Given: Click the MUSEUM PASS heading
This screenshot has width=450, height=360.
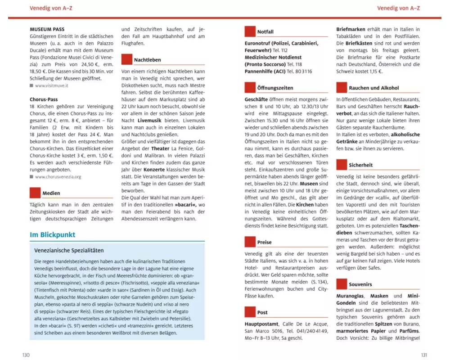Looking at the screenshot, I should [47, 30].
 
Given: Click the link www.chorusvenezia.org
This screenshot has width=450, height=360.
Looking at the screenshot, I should [58, 177].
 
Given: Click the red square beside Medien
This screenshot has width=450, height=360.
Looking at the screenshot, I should [35, 193].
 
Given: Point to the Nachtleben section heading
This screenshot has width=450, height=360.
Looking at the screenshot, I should [147, 60].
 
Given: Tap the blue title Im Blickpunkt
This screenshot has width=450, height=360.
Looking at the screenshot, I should [52, 235].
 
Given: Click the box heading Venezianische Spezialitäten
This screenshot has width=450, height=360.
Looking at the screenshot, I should [69, 250].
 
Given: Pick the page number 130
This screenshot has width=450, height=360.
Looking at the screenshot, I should [26, 355].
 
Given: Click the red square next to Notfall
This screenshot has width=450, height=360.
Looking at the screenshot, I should [250, 31].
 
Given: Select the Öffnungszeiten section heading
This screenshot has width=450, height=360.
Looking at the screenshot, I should [275, 88].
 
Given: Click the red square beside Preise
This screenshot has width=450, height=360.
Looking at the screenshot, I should [250, 242].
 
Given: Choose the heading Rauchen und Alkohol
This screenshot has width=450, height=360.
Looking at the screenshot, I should [373, 88].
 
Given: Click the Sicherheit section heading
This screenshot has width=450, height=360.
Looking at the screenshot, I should [361, 165].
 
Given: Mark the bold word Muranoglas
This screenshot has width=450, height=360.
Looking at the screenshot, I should [351, 297].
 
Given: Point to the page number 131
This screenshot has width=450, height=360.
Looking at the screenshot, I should [423, 355].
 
